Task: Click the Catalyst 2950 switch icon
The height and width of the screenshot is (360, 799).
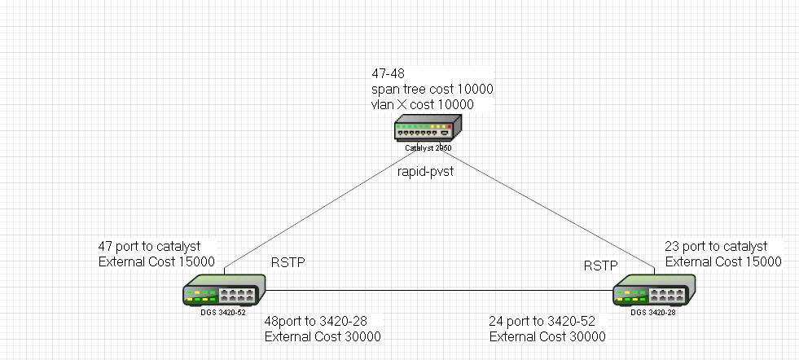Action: [x=428, y=129]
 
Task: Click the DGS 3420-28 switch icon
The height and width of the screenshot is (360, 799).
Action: [x=653, y=290]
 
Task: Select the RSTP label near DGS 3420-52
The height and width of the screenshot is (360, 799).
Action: [x=289, y=263]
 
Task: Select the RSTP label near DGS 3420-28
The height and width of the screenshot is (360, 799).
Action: [x=600, y=266]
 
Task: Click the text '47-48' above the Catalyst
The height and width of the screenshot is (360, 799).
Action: [x=388, y=73]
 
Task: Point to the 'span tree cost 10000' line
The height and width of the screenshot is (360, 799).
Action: [x=432, y=89]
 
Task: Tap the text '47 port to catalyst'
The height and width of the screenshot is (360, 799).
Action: [x=149, y=246]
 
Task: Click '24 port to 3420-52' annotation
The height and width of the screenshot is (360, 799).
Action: [x=546, y=321]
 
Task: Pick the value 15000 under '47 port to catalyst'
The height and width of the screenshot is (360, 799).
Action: [x=191, y=262]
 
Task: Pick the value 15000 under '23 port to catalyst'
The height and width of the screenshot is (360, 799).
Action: [x=757, y=262]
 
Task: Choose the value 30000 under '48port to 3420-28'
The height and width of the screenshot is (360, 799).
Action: [x=357, y=336]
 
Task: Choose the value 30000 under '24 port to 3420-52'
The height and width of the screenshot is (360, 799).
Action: [x=582, y=336]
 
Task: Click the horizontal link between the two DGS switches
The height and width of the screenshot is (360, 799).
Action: [x=440, y=289]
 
